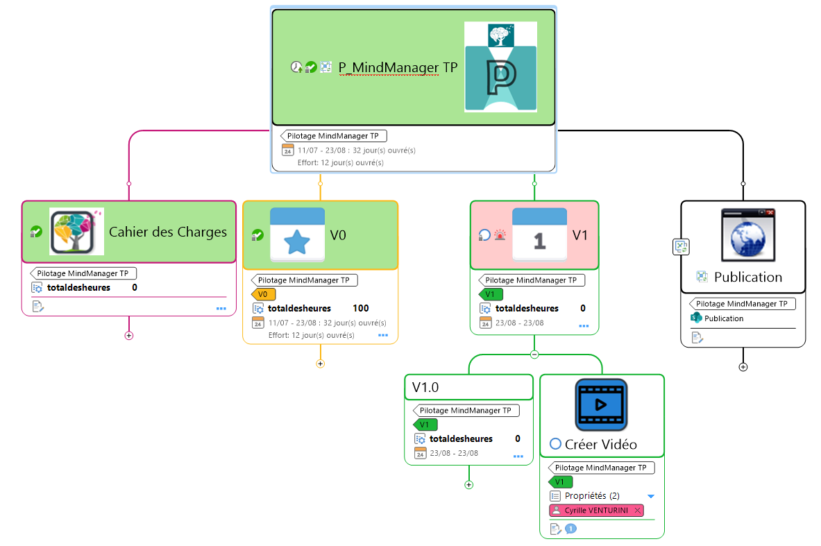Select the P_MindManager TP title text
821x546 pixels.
coord(398,67)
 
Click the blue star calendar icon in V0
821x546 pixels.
coord(297,234)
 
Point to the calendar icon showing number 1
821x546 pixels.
coord(539,234)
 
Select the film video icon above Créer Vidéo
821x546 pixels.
coord(601,404)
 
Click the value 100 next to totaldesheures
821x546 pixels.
coord(361,308)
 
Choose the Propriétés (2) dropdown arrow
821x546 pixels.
coord(651,496)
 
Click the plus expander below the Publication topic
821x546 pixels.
coord(743,367)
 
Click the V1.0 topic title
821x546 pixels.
coord(425,387)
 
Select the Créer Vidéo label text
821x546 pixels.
coord(601,444)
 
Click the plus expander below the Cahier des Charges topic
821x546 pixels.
coord(128,336)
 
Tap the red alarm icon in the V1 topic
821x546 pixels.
coord(500,235)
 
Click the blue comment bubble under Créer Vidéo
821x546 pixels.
coord(570,529)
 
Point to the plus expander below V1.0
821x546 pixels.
coord(468,485)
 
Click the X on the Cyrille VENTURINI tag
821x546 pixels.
coord(637,511)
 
